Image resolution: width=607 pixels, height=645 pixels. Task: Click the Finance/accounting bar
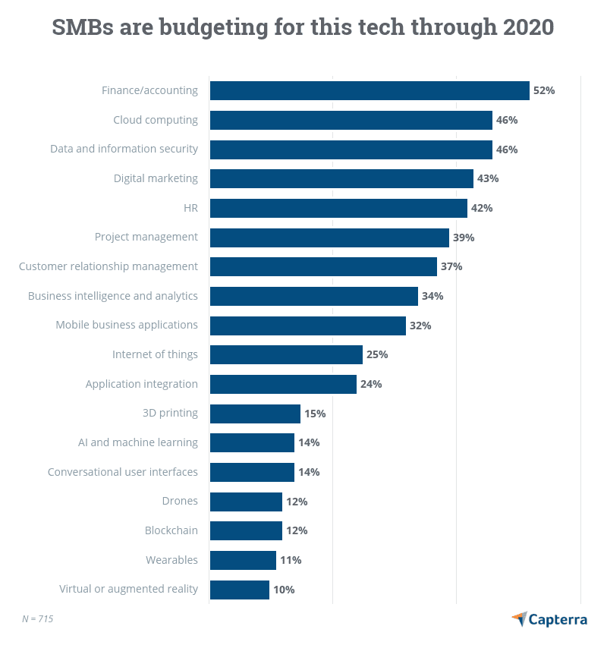370,90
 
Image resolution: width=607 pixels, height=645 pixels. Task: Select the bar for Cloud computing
351,120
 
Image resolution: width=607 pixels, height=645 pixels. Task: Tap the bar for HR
338,208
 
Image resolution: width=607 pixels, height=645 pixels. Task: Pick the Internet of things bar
286,354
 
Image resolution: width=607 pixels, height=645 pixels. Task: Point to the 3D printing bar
255,414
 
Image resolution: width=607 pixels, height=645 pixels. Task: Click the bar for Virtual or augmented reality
239,590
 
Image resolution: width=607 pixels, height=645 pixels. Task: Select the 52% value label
544,90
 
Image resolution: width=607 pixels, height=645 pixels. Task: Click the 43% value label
488,178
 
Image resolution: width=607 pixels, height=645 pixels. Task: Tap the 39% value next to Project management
464,238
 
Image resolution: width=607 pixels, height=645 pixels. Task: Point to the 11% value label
291,560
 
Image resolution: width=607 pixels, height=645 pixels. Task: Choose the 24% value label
371,384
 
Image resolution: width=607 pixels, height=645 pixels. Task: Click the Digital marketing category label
156,178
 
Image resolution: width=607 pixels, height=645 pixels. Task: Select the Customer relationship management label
108,266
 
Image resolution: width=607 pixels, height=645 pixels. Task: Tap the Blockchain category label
171,530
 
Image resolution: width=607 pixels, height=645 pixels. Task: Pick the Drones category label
180,501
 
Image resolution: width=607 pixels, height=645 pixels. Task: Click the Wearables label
171,560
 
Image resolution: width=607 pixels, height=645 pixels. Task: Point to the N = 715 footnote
37,618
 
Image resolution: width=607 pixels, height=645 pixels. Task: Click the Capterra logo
549,619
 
